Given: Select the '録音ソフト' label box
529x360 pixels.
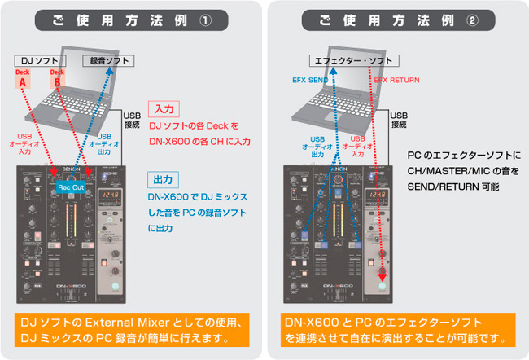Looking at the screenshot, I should pos(107,60).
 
